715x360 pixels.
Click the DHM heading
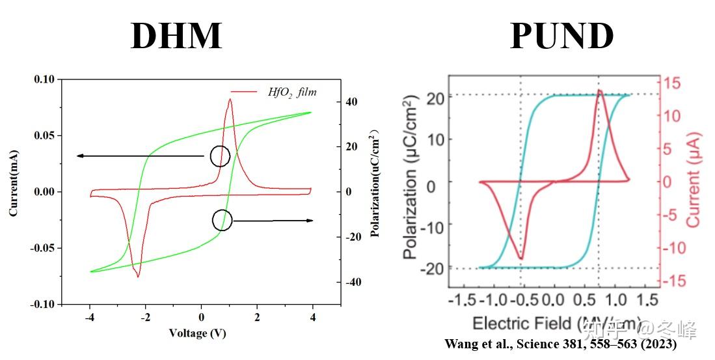click(176, 36)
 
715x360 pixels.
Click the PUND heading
click(562, 36)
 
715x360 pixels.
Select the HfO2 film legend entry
click(292, 92)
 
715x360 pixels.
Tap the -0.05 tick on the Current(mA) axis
click(43, 248)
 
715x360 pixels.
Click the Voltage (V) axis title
click(197, 333)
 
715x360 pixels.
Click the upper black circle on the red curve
click(220, 156)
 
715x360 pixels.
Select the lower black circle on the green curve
click(222, 220)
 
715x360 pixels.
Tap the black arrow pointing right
click(273, 221)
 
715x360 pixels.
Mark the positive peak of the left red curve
click(230, 99)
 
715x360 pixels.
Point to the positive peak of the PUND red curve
click(599, 91)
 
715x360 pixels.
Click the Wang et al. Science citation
click(560, 344)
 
